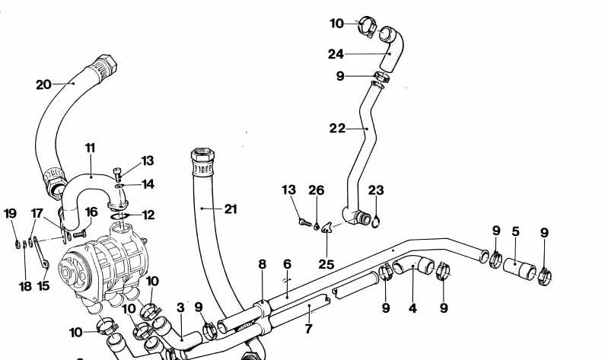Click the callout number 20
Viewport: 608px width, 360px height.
click(x=43, y=84)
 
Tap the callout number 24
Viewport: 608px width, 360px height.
click(x=336, y=54)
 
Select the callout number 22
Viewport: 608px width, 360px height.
click(x=337, y=129)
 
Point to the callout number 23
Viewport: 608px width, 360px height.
click(x=376, y=190)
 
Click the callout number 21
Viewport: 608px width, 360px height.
click(x=231, y=208)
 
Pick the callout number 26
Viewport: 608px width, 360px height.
click(x=317, y=190)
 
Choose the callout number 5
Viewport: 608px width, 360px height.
click(x=515, y=231)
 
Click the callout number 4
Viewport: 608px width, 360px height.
click(x=412, y=308)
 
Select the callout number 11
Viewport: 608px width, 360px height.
click(x=90, y=147)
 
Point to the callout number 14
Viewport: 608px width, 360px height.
click(x=148, y=183)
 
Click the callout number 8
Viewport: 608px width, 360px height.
click(x=262, y=264)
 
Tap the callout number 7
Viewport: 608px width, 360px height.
click(x=308, y=329)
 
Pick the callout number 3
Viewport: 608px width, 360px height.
click(x=180, y=307)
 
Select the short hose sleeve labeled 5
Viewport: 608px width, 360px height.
click(x=521, y=269)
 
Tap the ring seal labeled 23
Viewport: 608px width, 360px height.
click(x=376, y=221)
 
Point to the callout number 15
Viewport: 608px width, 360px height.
click(x=43, y=286)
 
